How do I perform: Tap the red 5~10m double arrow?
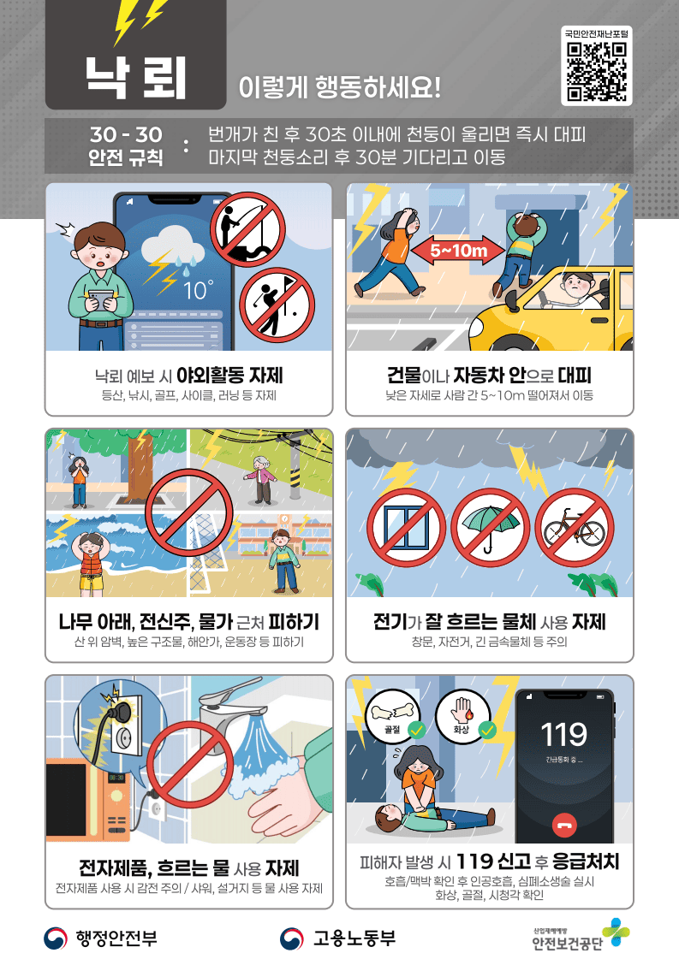pyautogui.click(x=459, y=250)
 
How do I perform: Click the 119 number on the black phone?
pyautogui.click(x=564, y=735)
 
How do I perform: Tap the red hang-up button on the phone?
pyautogui.click(x=564, y=825)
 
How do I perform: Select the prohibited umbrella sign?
pyautogui.click(x=491, y=528)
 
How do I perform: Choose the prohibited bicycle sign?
pyautogui.click(x=575, y=528)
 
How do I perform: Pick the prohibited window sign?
pyautogui.click(x=406, y=528)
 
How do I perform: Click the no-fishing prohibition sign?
pyautogui.click(x=248, y=229)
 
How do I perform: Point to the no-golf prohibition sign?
pyautogui.click(x=277, y=305)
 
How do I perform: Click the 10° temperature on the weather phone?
pyautogui.click(x=199, y=290)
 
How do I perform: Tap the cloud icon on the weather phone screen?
pyautogui.click(x=173, y=248)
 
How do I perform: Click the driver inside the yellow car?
pyautogui.click(x=579, y=293)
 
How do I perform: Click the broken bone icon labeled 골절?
pyautogui.click(x=392, y=715)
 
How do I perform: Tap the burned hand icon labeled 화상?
pyautogui.click(x=462, y=715)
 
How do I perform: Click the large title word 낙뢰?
pyautogui.click(x=135, y=79)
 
